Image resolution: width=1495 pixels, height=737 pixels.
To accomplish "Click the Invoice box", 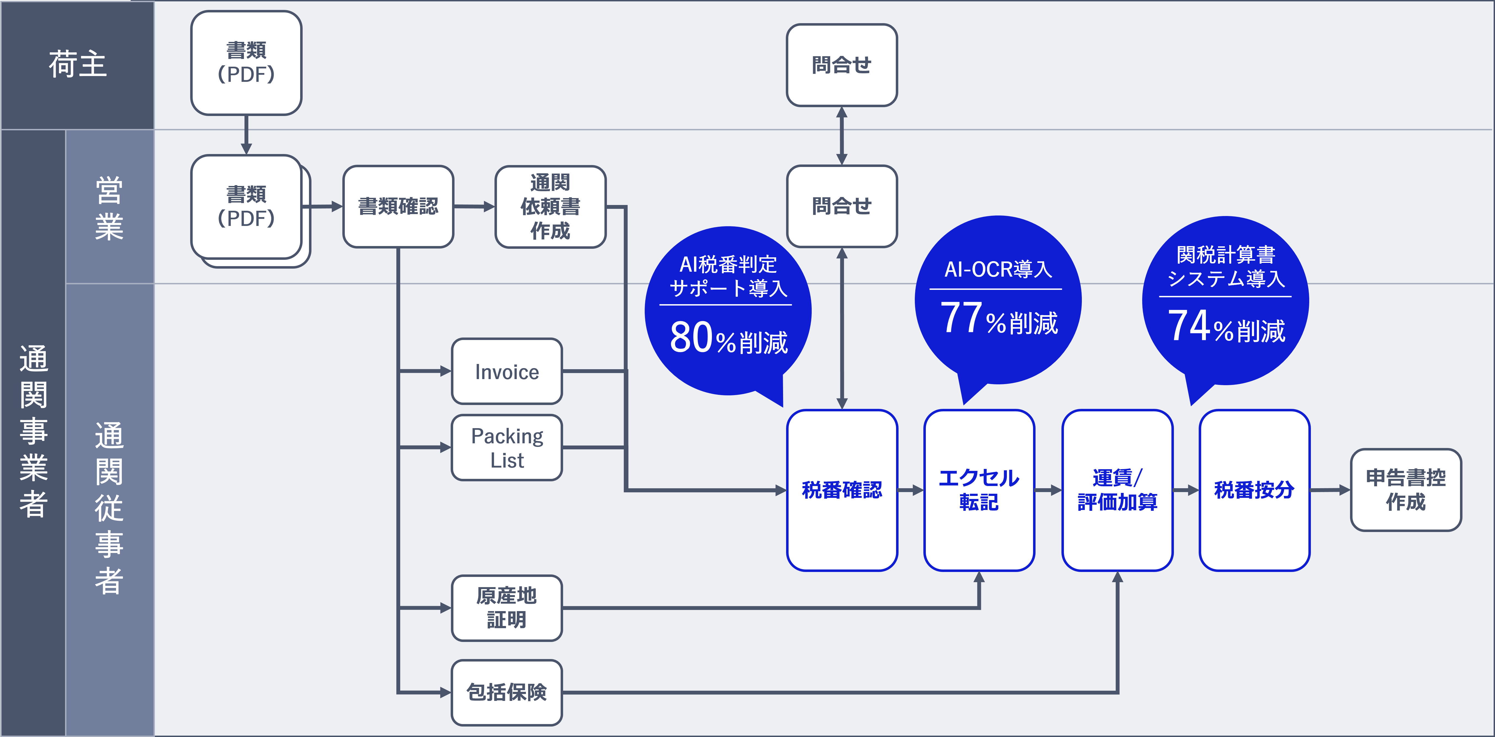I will (507, 371).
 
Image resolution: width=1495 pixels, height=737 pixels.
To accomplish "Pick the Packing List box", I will (507, 447).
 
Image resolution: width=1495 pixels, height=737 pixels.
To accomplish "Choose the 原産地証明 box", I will (507, 608).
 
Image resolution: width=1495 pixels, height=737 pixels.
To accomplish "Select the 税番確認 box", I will (841, 490).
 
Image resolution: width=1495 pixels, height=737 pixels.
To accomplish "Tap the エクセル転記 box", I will (979, 490).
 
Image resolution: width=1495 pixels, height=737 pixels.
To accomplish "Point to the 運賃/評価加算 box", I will (1117, 490).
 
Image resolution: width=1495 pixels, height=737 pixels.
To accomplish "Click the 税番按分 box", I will (1254, 490).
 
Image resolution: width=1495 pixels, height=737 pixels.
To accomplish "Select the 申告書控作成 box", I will (1406, 490).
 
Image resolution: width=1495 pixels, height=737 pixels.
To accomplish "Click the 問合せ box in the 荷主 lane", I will (841, 65).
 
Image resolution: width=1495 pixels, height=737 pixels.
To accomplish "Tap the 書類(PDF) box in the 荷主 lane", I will (246, 63).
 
